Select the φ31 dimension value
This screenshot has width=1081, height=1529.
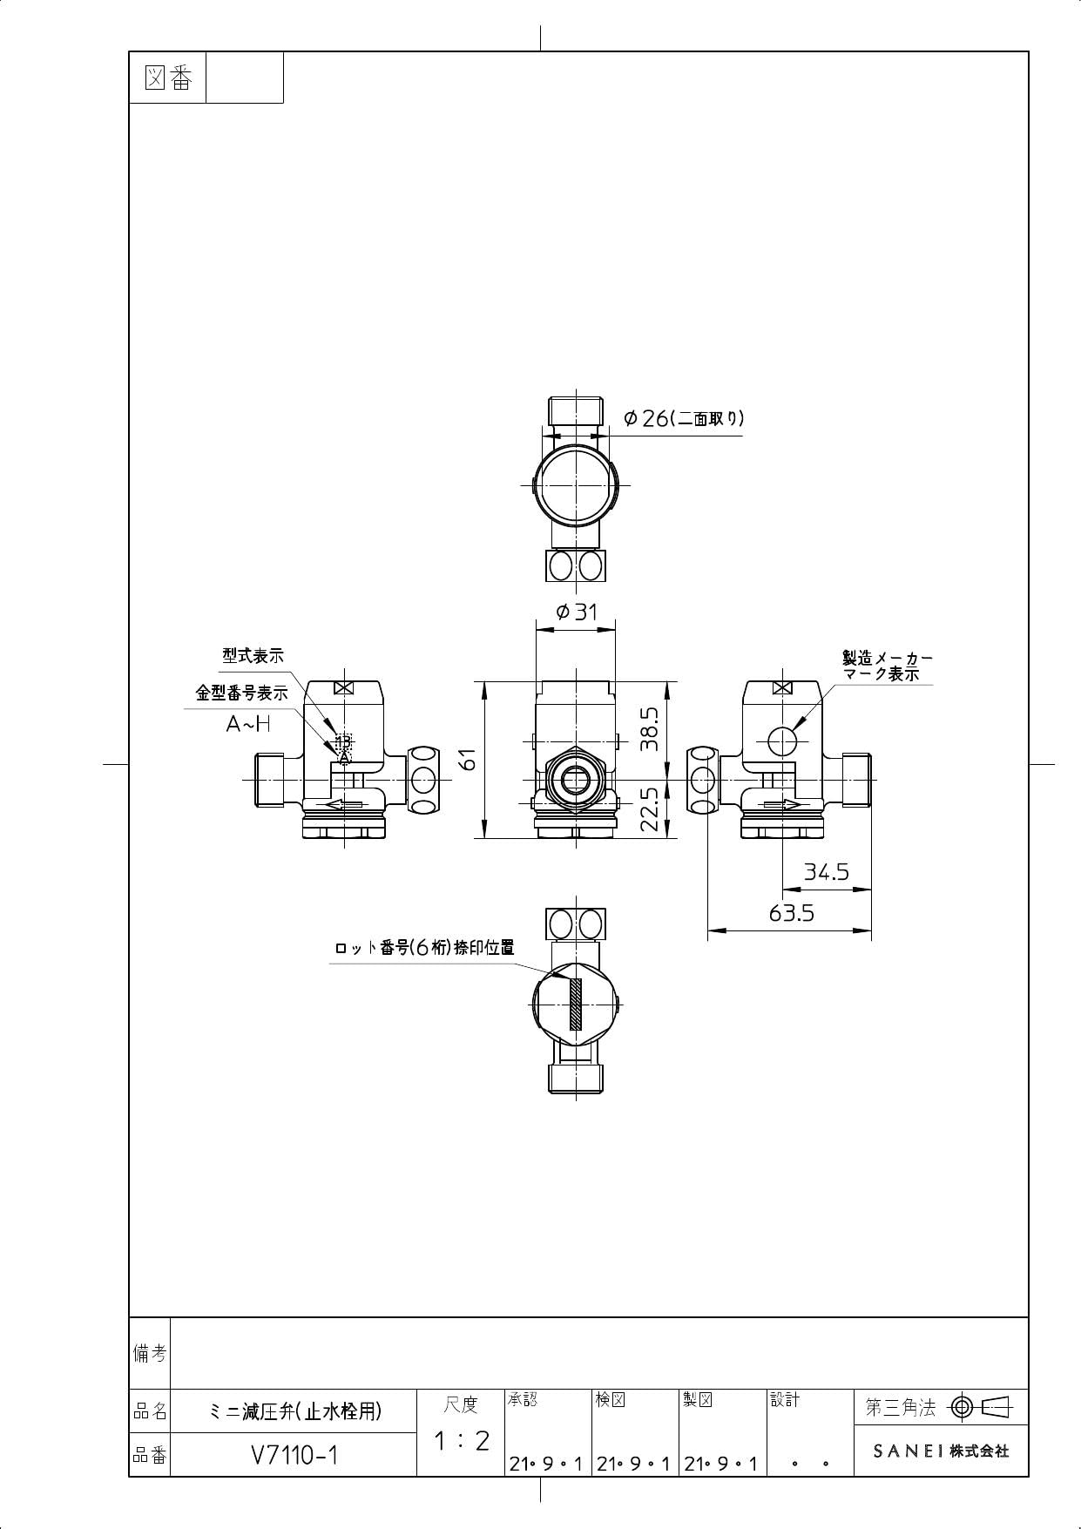[578, 612]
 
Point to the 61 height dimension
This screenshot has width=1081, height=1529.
[470, 759]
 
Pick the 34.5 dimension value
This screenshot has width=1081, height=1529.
[826, 871]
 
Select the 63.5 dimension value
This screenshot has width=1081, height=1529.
[791, 913]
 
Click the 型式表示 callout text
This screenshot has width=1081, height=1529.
[253, 656]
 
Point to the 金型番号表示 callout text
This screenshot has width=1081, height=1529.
[241, 693]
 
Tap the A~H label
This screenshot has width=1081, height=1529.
[248, 723]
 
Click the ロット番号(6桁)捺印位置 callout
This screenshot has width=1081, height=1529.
[425, 948]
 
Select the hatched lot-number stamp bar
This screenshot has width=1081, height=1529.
[576, 1004]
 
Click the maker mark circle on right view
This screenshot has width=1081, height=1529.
[782, 741]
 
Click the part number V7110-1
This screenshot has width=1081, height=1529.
[294, 1456]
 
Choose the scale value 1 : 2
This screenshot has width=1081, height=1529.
[461, 1441]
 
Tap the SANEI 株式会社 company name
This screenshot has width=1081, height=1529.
[941, 1451]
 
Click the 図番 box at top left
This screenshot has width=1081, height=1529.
[167, 78]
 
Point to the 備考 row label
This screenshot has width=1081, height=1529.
[150, 1353]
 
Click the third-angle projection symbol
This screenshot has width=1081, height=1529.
[981, 1406]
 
